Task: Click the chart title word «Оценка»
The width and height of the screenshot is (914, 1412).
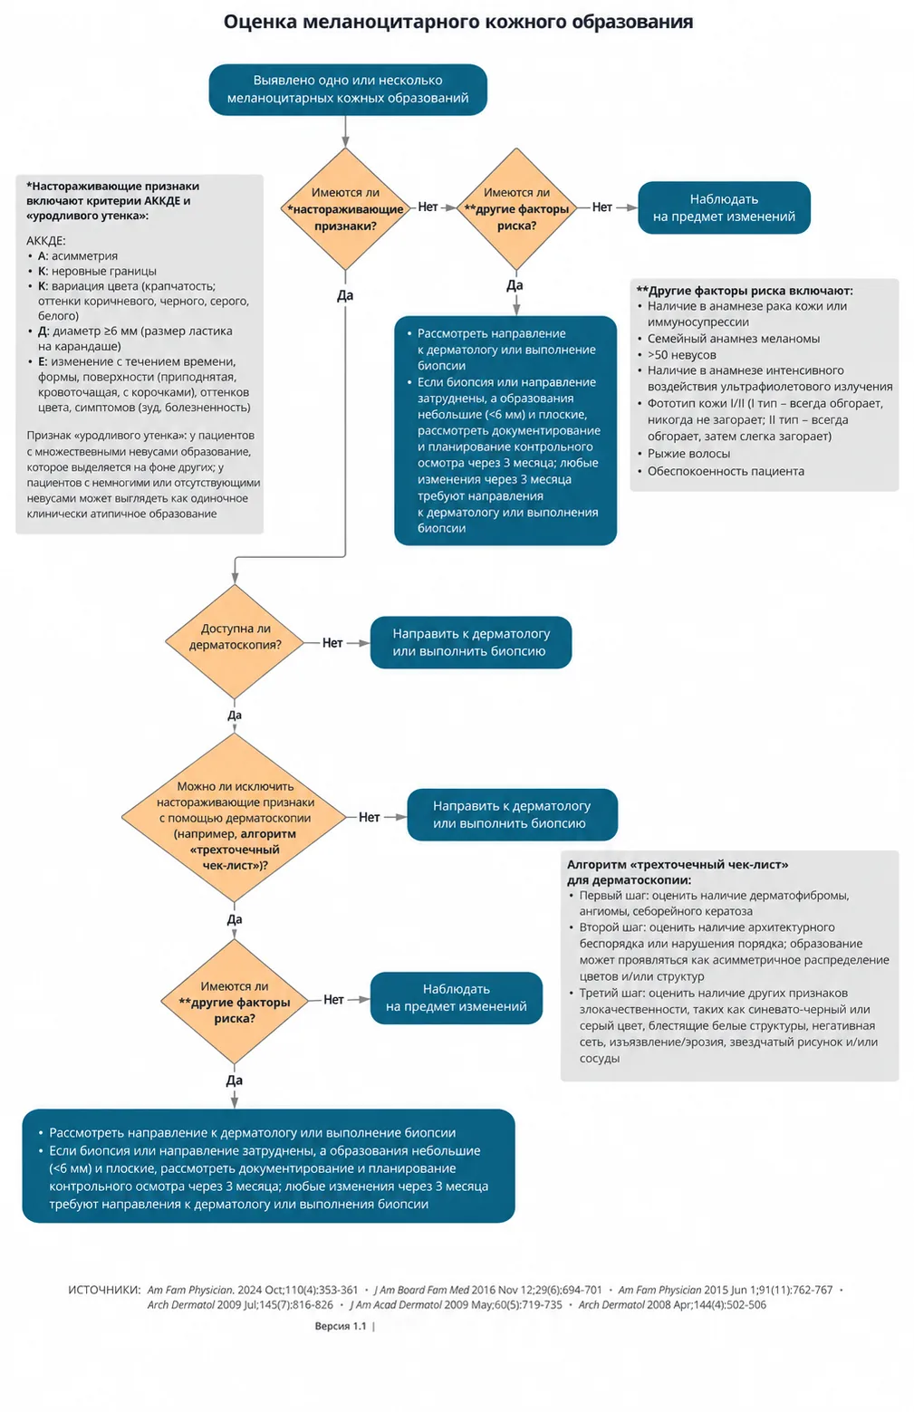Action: coord(260,22)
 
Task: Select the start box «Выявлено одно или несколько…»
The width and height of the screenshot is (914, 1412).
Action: coord(347,90)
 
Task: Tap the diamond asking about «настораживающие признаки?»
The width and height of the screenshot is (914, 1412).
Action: coord(345,208)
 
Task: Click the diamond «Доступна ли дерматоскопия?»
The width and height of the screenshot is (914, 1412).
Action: coord(235,641)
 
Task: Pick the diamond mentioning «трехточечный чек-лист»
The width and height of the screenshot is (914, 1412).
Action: coord(235,817)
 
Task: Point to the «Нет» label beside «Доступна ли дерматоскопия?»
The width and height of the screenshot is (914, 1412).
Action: coord(332,642)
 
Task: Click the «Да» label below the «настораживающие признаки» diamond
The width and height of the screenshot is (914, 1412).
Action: coord(345,295)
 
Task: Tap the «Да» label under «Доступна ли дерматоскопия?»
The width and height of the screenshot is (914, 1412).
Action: coord(235,715)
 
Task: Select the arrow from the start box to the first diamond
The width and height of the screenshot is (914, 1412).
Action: coord(345,131)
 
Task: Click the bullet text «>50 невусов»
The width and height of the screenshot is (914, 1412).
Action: coord(681,354)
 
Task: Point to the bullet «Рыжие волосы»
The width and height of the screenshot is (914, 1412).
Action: coord(688,453)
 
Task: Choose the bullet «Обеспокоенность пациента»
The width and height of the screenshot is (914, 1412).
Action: coord(726,471)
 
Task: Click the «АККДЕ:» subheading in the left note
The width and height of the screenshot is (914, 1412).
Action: coord(46,240)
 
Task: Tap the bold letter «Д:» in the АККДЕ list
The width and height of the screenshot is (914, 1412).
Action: coord(43,331)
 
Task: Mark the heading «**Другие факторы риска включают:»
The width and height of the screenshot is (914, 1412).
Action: coord(745,291)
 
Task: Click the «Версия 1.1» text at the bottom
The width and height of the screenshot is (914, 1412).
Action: coord(341,1326)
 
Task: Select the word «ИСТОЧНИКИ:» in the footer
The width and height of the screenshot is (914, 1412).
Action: coord(104,1290)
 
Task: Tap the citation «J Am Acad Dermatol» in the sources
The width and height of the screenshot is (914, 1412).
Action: coord(395,1305)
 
